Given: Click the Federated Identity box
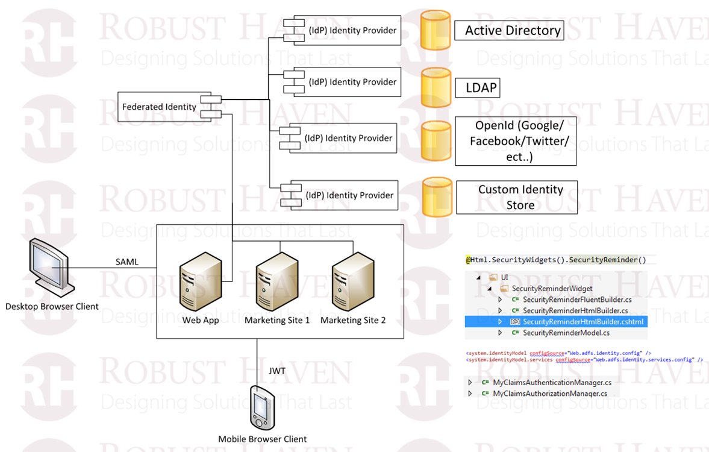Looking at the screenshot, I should [x=160, y=107].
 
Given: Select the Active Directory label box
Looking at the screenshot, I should [x=513, y=30].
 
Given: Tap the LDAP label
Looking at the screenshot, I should [x=481, y=88].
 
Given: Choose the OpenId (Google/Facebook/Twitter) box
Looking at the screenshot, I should [x=516, y=141].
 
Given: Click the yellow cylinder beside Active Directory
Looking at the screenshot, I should [x=435, y=30].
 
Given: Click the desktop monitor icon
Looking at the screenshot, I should [x=51, y=266].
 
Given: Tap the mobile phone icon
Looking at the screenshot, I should [x=261, y=409].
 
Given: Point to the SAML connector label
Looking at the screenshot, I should [x=126, y=262].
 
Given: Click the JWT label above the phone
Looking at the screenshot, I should [x=277, y=371].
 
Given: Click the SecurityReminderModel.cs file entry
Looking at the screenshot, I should [x=566, y=333].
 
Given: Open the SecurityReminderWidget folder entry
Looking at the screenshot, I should [x=552, y=289].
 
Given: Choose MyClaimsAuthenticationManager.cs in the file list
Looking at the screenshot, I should [x=552, y=382].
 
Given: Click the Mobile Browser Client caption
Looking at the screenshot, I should [x=262, y=439].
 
